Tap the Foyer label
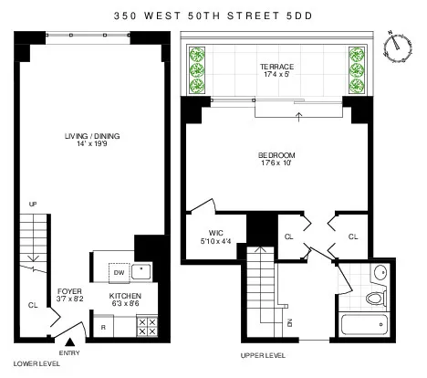point(70,299)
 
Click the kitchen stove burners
point(146,327)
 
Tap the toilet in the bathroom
point(375,297)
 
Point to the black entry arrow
point(69,341)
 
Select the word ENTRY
point(69,352)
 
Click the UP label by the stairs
point(34,203)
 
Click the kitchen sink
point(142,271)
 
